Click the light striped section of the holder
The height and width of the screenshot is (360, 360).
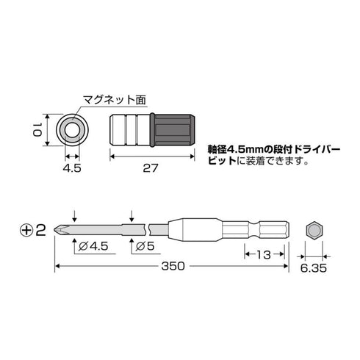(x=130, y=129)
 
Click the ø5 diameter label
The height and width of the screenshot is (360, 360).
(x=149, y=248)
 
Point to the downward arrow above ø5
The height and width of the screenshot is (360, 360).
(x=131, y=215)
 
